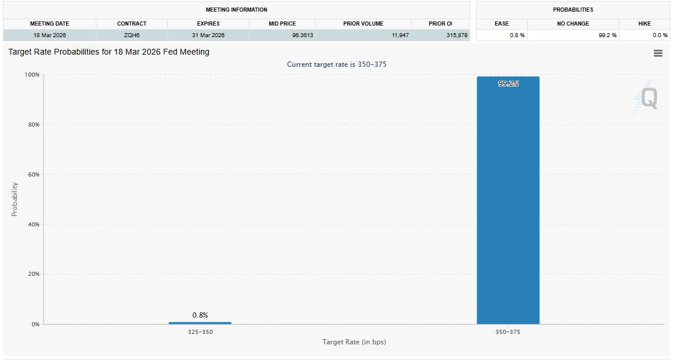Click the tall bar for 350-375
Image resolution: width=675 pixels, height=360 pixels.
point(508,200)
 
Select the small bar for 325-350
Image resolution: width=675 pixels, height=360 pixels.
point(200,323)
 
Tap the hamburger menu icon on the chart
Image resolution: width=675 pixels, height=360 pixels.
point(658,53)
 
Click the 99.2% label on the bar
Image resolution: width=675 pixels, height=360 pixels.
point(508,84)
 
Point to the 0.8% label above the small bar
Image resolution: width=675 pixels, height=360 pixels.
point(200,315)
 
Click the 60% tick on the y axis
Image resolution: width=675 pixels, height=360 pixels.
point(34,174)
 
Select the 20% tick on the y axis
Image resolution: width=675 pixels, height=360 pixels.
point(34,274)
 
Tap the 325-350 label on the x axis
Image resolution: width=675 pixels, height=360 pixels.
point(200,332)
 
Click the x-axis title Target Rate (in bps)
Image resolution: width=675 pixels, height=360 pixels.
point(354,342)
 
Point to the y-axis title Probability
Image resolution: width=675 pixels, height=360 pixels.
point(15,199)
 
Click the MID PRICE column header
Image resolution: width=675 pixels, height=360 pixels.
point(283,24)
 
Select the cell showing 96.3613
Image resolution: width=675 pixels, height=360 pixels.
point(302,35)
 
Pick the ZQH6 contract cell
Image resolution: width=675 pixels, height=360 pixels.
point(132,35)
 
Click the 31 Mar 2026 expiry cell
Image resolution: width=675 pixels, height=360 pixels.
point(208,35)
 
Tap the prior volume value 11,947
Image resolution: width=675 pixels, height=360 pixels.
point(400,35)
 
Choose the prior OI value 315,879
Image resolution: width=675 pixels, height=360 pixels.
point(457,35)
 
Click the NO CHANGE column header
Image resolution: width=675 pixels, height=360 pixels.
point(573,24)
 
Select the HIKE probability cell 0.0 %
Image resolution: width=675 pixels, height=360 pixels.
point(660,35)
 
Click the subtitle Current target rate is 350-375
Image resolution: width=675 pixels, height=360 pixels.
point(337,64)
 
